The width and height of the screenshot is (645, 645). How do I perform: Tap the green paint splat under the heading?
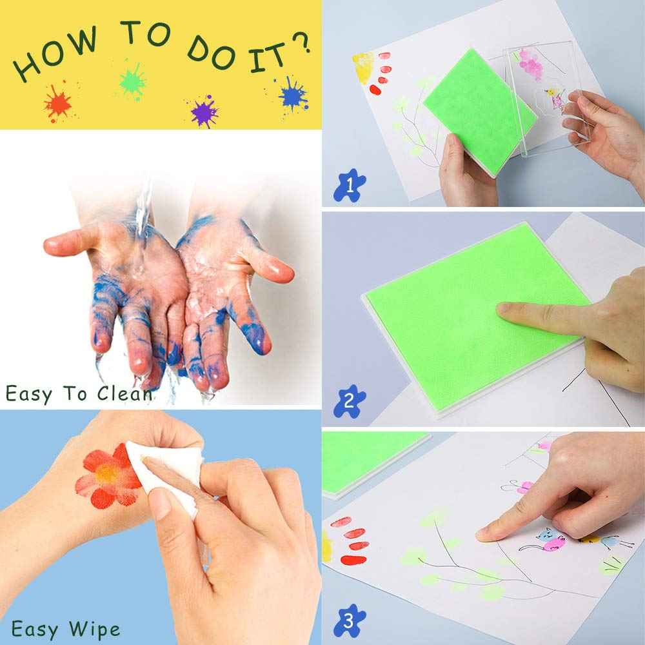132,81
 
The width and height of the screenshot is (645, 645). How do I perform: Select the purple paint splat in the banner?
204,110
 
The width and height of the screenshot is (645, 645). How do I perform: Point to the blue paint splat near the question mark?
292,94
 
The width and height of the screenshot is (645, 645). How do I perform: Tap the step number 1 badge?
349,186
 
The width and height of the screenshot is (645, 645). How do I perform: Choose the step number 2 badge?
349,402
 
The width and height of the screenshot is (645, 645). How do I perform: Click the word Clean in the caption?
126,393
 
